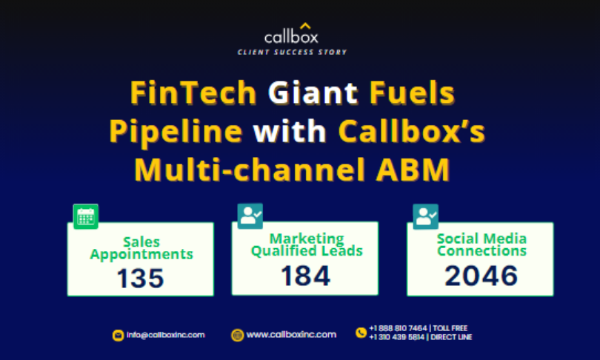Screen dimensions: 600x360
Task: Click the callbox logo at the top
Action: click(291, 34)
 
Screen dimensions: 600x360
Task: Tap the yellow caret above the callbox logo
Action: click(305, 26)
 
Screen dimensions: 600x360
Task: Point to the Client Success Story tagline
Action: click(292, 52)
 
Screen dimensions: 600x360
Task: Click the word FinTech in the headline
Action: click(193, 93)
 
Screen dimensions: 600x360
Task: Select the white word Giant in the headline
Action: click(313, 93)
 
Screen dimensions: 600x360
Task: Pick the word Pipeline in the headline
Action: click(176, 132)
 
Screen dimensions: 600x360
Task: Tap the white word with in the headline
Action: click(290, 131)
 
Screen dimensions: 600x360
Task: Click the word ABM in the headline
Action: click(413, 170)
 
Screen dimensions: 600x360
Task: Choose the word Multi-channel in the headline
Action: click(250, 170)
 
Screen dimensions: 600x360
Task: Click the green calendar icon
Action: click(86, 216)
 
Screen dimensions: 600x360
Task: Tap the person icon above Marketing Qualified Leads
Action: click(250, 216)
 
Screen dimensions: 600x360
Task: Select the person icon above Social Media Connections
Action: click(425, 216)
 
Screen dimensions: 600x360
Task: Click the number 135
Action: click(141, 278)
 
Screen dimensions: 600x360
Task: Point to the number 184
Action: click(305, 276)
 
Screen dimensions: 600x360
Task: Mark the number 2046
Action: click(481, 276)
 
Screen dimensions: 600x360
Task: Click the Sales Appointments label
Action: click(141, 248)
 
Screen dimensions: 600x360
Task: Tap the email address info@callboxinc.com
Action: click(166, 335)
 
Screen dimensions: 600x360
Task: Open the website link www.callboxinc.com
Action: click(291, 335)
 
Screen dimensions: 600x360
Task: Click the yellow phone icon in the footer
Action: click(361, 333)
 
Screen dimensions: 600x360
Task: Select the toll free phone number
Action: click(419, 328)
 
